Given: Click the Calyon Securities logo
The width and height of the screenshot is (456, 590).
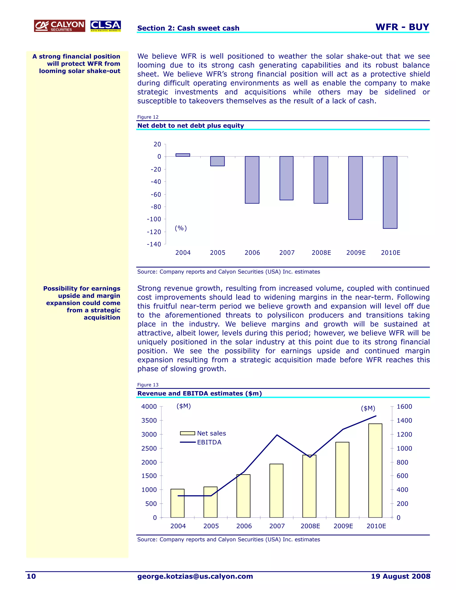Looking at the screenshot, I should click(59, 26).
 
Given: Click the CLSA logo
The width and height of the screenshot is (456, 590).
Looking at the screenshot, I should click(105, 26).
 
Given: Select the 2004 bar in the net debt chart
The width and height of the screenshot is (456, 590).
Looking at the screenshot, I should click(183, 155).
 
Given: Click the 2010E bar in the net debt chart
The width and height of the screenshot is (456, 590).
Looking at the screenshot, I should click(390, 192).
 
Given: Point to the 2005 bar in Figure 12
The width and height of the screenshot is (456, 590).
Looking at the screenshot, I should click(218, 161).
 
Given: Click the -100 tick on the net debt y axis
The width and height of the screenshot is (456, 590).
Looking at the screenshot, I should click(154, 219).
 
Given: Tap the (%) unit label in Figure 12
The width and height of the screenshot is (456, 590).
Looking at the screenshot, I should click(181, 228).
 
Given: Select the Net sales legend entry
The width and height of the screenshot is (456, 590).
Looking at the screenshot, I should click(203, 433).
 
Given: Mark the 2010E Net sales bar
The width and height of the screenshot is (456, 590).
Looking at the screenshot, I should click(375, 471).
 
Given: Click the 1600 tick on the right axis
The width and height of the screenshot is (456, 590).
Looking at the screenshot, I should click(404, 407).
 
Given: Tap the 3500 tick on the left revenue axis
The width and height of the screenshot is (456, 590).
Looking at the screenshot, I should click(149, 421).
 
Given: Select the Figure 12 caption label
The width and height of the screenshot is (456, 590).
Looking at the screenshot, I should click(148, 117).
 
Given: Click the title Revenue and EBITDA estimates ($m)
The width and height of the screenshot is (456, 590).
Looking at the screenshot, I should click(199, 393).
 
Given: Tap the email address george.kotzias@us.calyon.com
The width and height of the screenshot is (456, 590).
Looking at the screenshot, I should click(195, 576).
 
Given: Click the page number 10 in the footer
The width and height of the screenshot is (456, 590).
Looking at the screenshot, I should click(31, 576).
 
